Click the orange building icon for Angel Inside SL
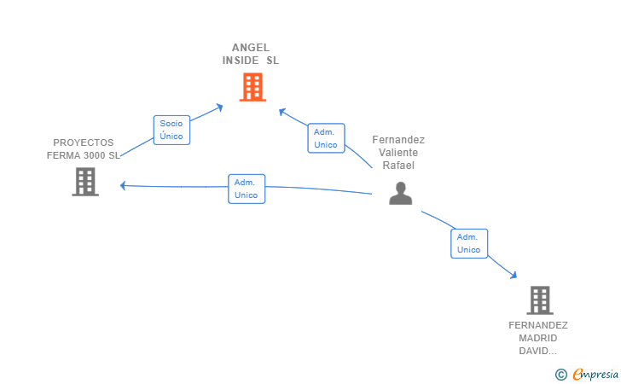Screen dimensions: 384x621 pos(252,87)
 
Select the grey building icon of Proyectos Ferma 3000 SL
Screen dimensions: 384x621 pos(85,182)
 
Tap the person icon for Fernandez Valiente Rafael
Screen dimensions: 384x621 pos(400,194)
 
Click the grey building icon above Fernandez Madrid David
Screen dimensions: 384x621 pos(539,300)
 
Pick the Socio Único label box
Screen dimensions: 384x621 pos(171,130)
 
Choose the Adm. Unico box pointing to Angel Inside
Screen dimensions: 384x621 pos(326,138)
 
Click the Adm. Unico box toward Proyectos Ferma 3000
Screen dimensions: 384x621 pos(247,189)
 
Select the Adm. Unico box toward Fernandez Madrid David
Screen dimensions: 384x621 pos(469,243)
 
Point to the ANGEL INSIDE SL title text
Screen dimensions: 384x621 pos(251,54)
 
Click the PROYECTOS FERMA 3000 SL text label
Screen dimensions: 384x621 pos(84,149)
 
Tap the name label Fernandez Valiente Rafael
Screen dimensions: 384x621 pos(398,152)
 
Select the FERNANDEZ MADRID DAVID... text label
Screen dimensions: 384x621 pos(538,338)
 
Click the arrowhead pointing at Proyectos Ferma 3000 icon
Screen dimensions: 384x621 pos(124,185)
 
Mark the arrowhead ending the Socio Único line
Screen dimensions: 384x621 pos(219,107)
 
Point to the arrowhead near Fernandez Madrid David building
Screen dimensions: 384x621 pos(513,274)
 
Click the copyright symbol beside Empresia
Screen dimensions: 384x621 pos(560,374)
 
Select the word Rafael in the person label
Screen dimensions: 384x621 pos(398,165)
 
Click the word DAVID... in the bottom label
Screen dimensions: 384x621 pos(538,351)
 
